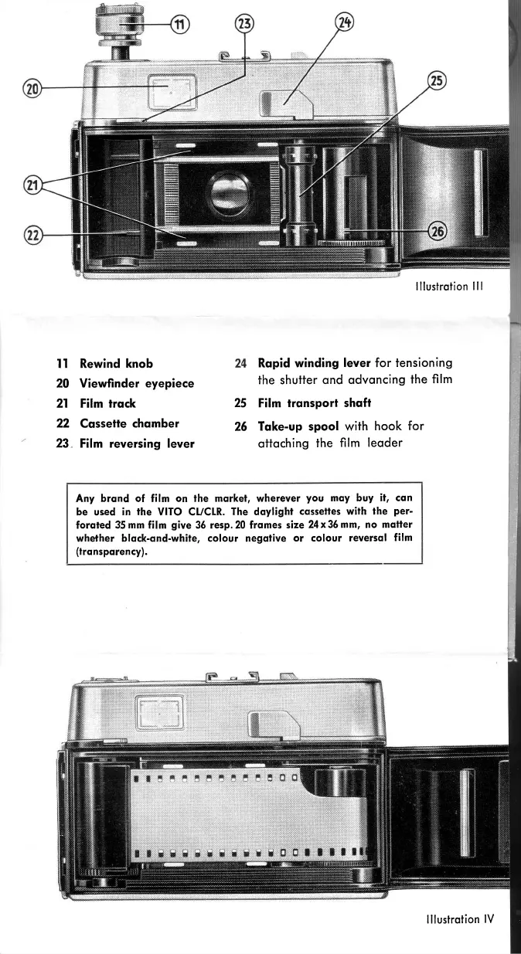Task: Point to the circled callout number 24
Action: [344, 22]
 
